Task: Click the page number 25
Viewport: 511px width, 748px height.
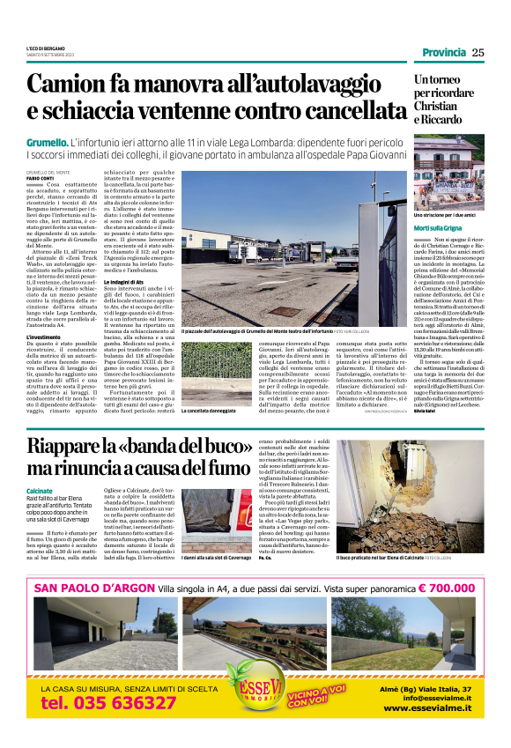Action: click(x=478, y=52)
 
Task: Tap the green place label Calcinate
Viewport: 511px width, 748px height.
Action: click(x=40, y=490)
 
